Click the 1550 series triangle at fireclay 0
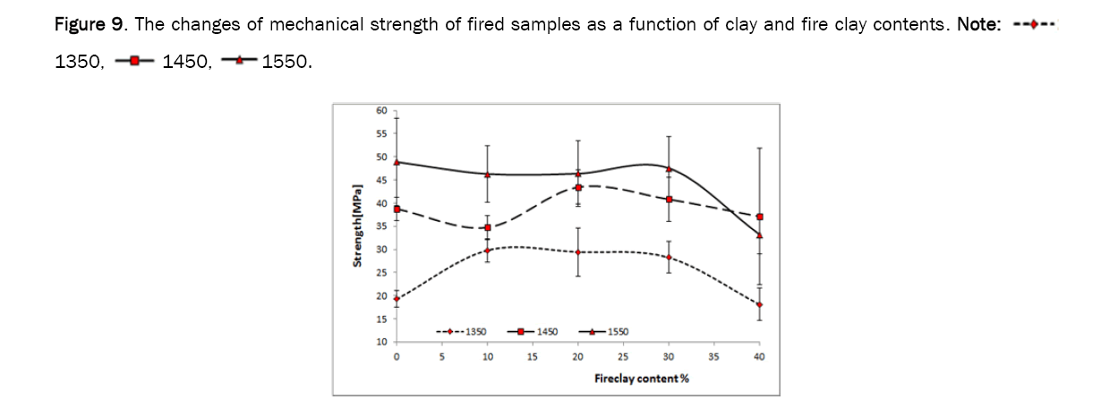click(x=397, y=162)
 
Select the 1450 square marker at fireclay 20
click(x=578, y=187)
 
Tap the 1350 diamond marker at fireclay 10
click(x=488, y=251)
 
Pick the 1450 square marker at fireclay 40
click(x=759, y=217)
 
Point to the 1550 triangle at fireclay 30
click(x=669, y=168)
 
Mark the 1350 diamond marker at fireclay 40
click(x=759, y=305)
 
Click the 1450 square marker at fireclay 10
click(x=488, y=227)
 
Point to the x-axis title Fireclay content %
click(x=641, y=378)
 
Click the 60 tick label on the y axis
click(x=381, y=111)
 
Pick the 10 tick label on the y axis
click(x=381, y=342)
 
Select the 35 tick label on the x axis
click(x=713, y=357)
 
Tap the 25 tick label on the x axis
click(x=623, y=357)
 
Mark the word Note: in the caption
click(x=979, y=24)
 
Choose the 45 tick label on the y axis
click(x=381, y=180)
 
